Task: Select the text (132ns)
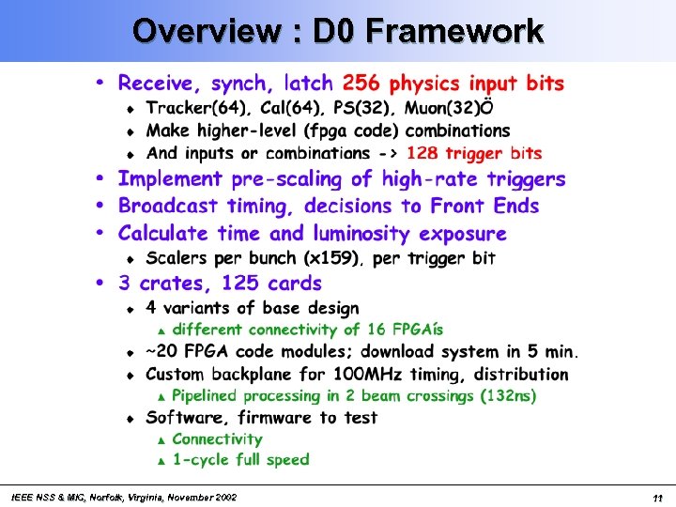509,396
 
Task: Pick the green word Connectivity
217,439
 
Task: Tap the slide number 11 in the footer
659,498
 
